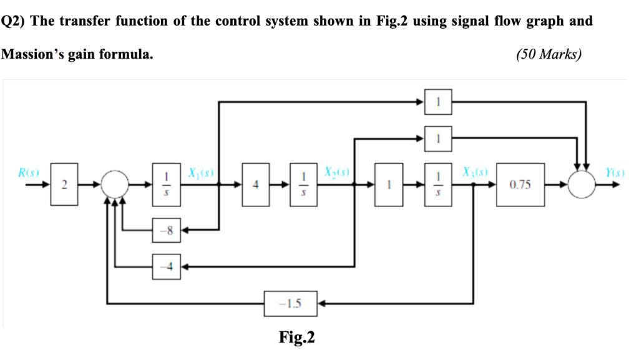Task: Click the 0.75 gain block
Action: [520, 184]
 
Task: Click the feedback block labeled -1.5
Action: [291, 303]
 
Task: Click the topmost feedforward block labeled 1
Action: [438, 102]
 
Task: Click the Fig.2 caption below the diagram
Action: [296, 338]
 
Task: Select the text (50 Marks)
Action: [549, 54]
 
